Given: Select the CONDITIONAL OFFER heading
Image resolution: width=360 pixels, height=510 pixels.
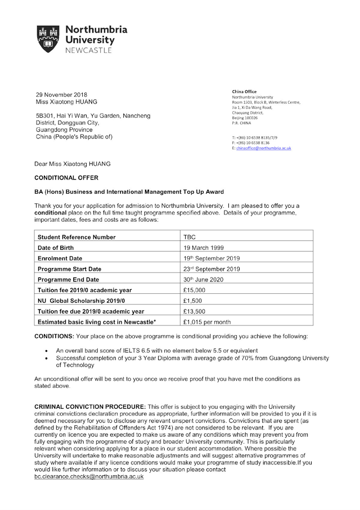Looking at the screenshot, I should click(66, 178).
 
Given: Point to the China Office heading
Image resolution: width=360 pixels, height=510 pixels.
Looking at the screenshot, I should click(244, 92).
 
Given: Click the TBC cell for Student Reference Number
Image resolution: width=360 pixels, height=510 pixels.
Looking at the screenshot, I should click(189, 237).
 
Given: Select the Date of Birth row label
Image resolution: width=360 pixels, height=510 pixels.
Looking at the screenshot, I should click(56, 248).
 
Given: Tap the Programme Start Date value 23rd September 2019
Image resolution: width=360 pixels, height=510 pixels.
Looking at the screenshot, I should click(211, 269).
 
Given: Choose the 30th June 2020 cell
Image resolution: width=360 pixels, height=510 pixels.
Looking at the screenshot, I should click(202, 280).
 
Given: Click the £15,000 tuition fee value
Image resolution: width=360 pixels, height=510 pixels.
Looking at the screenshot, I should click(195, 290).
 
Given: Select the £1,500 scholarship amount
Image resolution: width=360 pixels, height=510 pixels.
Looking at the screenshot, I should click(193, 301).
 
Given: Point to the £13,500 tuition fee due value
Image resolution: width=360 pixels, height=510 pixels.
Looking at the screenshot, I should click(195, 311).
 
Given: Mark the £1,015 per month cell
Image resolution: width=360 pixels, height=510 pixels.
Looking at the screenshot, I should click(207, 322).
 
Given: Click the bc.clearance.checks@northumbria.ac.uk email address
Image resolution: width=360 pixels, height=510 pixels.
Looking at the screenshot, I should click(89, 476).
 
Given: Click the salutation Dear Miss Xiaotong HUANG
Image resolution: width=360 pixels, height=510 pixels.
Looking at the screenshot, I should click(73, 164).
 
